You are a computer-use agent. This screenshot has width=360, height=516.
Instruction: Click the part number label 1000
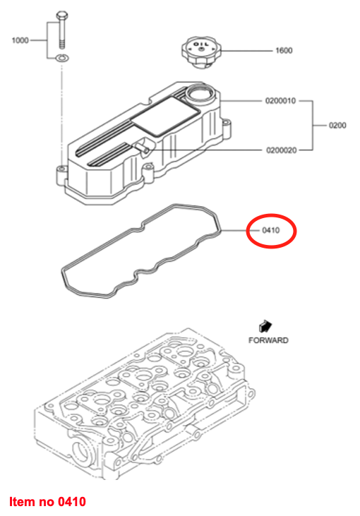20,40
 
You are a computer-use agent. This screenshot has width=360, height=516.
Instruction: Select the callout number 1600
284,50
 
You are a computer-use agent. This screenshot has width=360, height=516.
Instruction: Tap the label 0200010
281,101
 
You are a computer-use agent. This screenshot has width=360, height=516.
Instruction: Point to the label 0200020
282,150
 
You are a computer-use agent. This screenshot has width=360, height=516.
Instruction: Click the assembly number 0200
337,126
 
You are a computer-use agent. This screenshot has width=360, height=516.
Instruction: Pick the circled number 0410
270,230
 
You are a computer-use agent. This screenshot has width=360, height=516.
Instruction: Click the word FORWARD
268,340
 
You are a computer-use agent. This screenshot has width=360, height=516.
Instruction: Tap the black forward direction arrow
265,326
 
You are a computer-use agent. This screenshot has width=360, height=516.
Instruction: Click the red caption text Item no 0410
47,502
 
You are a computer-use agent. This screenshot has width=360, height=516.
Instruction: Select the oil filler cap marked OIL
200,53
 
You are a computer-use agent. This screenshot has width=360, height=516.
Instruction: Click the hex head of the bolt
61,15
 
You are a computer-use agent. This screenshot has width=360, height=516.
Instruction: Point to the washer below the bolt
61,59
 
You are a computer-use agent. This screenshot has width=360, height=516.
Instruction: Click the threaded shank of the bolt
62,34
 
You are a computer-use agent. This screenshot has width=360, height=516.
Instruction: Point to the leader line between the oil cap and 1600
247,51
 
